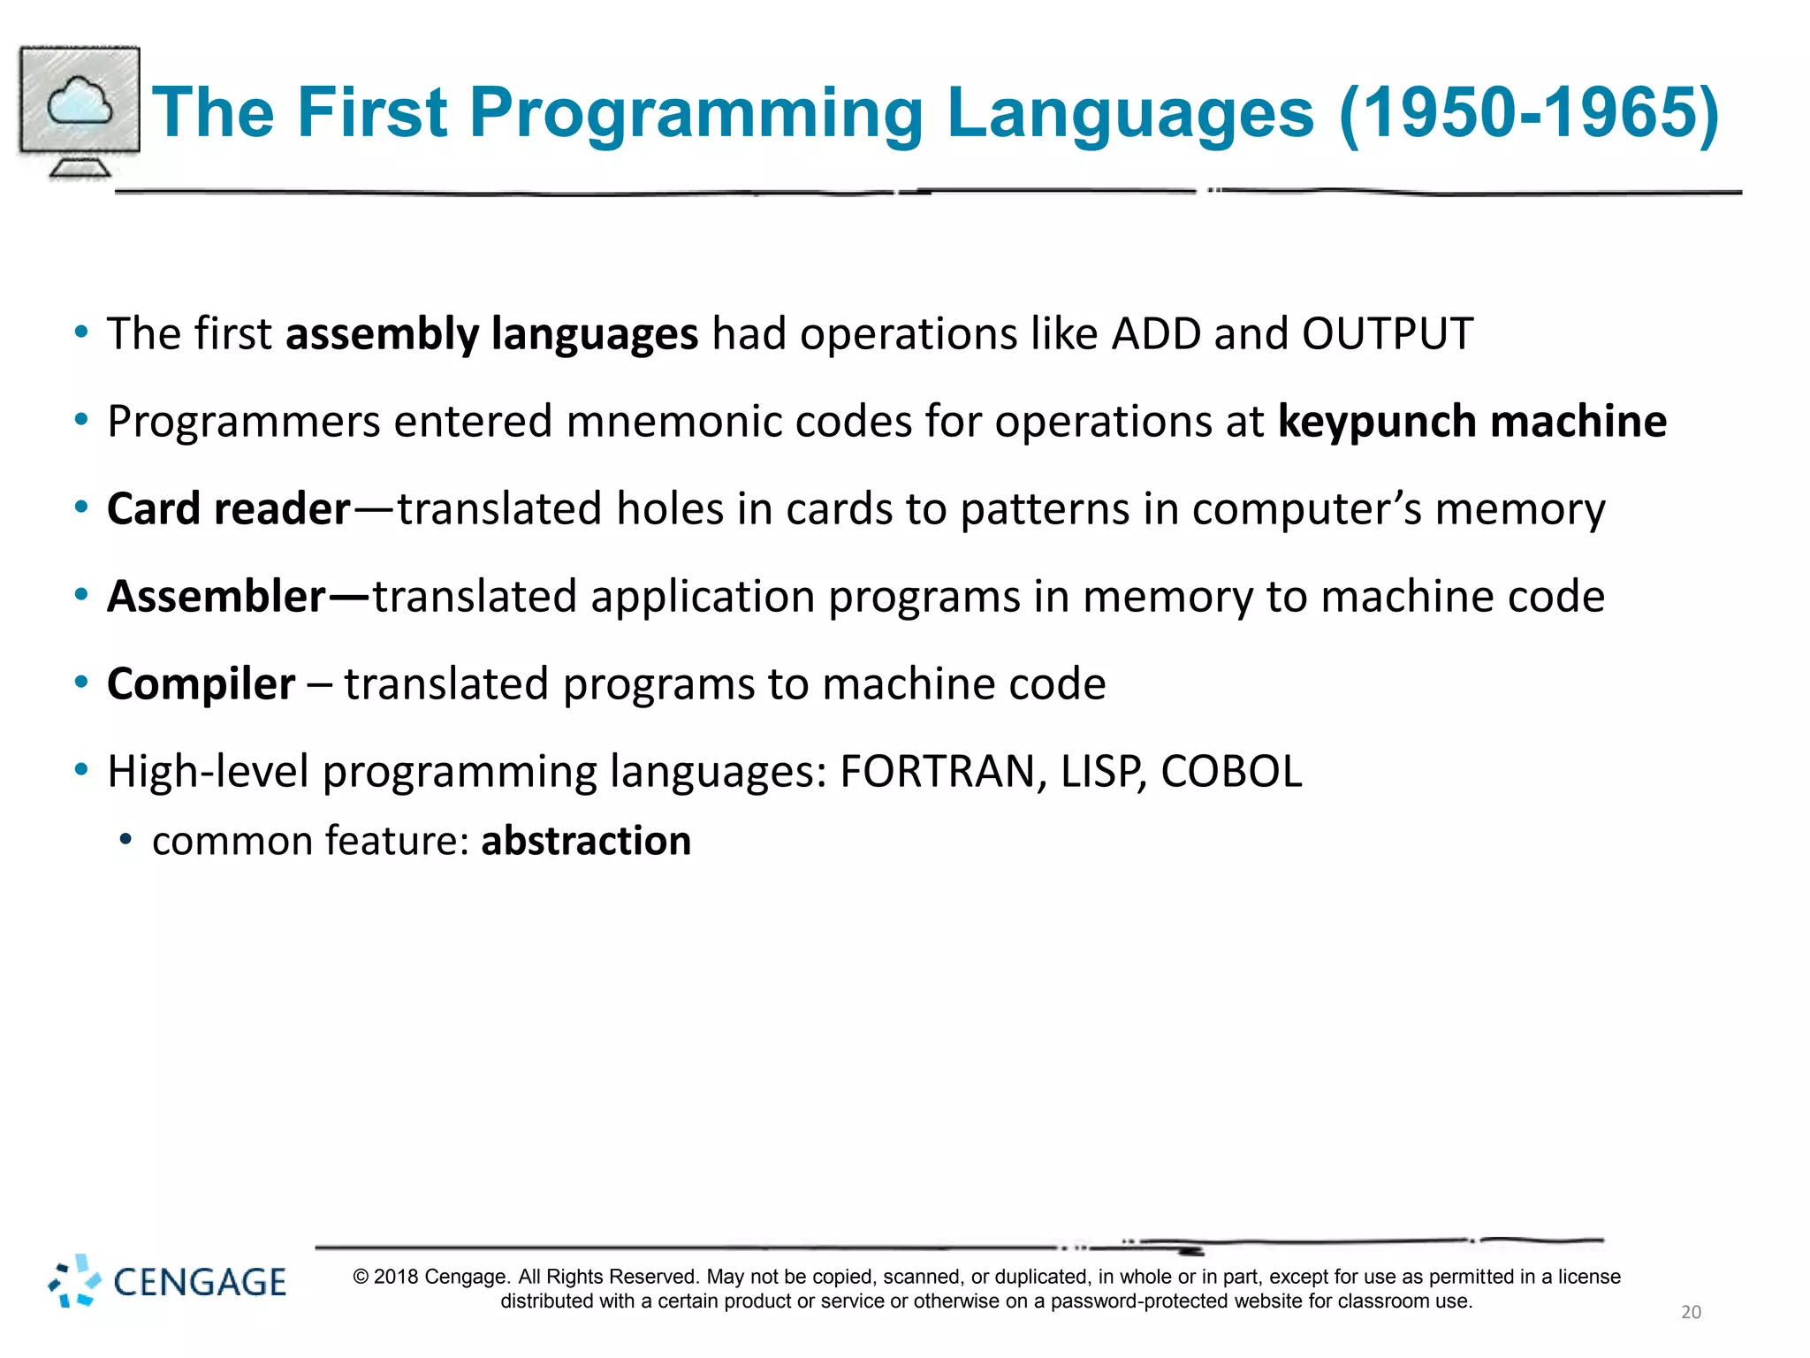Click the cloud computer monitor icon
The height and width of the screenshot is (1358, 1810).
point(80,111)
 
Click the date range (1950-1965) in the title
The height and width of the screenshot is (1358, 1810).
point(1529,113)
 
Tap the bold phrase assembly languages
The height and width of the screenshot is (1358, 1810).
point(491,334)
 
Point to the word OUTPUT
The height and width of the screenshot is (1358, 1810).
point(1387,334)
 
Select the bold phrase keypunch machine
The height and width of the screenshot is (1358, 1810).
point(1472,421)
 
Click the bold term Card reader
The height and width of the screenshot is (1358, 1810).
point(229,509)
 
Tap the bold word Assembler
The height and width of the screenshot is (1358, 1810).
point(217,597)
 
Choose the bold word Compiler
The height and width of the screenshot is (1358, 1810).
point(201,684)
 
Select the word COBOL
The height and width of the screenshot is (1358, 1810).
point(1231,772)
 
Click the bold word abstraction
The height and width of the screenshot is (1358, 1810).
point(586,841)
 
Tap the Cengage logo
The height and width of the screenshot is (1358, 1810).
point(168,1281)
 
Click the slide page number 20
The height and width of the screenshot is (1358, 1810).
point(1691,1312)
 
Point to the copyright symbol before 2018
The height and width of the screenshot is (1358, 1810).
point(361,1277)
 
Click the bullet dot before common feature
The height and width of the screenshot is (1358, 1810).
point(125,839)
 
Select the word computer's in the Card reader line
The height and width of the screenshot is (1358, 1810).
point(1306,509)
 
